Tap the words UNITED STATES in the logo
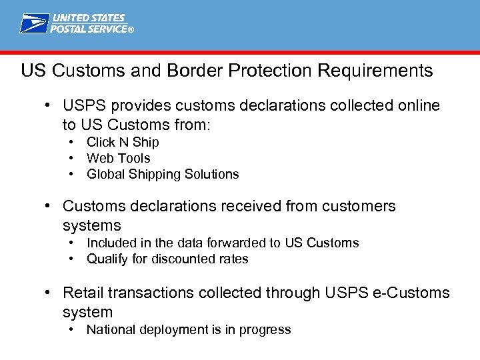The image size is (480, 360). tap(89, 18)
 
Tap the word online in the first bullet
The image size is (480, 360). tap(416, 106)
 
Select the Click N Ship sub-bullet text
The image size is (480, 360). tap(123, 142)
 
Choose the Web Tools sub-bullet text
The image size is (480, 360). tap(119, 158)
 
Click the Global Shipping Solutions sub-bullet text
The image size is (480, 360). tap(163, 174)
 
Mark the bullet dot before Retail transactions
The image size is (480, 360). tap(49, 293)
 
